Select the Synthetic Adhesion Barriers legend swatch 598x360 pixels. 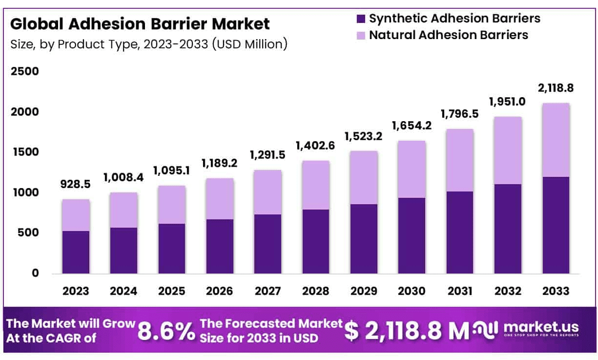point(361,19)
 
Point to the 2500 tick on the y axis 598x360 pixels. point(24,72)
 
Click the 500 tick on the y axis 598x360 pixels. point(28,233)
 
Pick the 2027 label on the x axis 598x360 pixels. point(268,291)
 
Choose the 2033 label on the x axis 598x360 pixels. point(556,291)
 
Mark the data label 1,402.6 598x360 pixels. point(316,146)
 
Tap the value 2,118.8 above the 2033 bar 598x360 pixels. point(556,88)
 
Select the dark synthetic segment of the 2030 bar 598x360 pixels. point(412,235)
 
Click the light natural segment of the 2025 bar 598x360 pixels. point(171,205)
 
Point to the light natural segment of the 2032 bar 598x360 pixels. point(508,150)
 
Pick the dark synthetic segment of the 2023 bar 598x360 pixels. point(76,252)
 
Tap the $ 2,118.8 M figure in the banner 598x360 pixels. point(407,331)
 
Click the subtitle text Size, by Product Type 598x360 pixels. point(148,44)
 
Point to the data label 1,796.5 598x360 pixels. point(459,114)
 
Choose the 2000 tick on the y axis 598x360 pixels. point(24,112)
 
